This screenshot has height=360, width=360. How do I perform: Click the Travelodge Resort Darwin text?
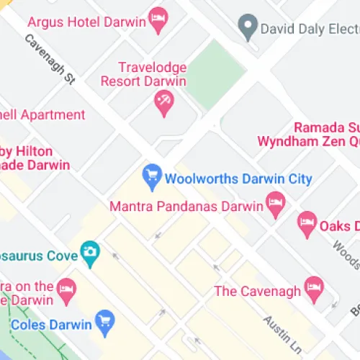pyautogui.click(x=152, y=74)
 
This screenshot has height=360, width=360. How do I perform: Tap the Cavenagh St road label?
pyautogui.click(x=50, y=60)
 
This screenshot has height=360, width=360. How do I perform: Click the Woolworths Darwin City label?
pyautogui.click(x=238, y=179)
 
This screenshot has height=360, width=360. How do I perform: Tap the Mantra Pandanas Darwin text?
pyautogui.click(x=186, y=207)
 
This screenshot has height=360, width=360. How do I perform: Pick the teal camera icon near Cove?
pyautogui.click(x=90, y=253)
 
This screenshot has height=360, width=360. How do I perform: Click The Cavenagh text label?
pyautogui.click(x=257, y=291)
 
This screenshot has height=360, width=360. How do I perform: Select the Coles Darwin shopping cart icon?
pyautogui.click(x=106, y=324)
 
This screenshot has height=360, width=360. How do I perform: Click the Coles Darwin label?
pyautogui.click(x=50, y=325)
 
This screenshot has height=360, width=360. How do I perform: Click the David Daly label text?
pyautogui.click(x=310, y=30)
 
